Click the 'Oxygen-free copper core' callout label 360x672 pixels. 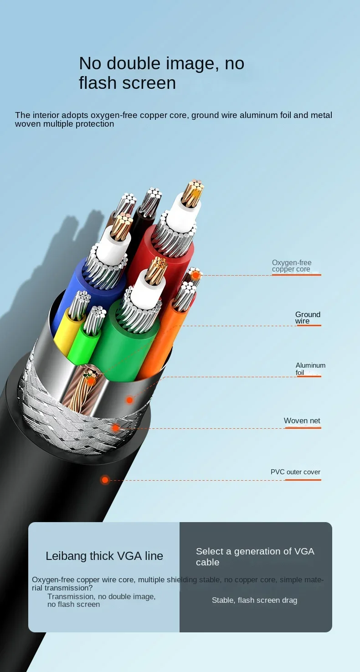point(292,266)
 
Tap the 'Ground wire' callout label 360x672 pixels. point(308,318)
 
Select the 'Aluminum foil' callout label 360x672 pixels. point(310,369)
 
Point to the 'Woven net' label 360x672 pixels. point(302,421)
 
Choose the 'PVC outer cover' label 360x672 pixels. point(295,472)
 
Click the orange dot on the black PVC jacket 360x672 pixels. point(105,480)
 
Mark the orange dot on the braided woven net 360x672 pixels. point(116,428)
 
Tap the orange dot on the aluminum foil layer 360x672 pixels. point(130,400)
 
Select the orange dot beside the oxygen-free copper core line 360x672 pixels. point(196,275)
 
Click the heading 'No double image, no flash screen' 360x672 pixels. point(161,73)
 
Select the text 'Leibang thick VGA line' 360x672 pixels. point(104,556)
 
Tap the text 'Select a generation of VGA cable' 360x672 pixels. point(255,556)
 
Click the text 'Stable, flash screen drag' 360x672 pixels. point(254,600)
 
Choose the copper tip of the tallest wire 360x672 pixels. point(192,191)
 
